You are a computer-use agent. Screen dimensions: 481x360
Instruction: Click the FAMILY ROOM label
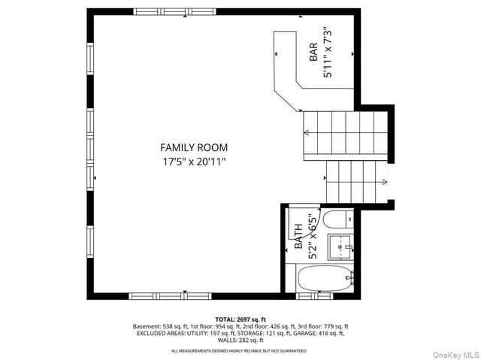[x=194, y=147]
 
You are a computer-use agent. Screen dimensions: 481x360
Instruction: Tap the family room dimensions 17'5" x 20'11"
[x=194, y=162]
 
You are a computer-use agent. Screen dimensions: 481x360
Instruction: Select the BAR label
[x=313, y=52]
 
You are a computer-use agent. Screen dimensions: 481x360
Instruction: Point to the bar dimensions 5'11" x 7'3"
[x=328, y=53]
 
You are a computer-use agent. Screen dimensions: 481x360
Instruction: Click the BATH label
[x=298, y=236]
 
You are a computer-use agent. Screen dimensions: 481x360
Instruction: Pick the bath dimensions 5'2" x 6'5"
[x=313, y=237]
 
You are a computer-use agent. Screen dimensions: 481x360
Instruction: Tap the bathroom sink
[x=340, y=247]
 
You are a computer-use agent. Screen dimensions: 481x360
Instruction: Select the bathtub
[x=325, y=278]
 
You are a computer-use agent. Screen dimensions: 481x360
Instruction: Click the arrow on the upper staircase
[x=307, y=132]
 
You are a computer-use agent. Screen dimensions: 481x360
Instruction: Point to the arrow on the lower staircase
[x=385, y=182]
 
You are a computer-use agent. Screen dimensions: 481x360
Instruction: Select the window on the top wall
[x=175, y=12]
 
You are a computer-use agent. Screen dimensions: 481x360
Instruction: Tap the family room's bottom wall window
[x=171, y=296]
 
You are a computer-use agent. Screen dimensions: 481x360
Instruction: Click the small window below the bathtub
[x=315, y=296]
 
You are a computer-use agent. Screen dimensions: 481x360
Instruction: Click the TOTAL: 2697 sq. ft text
[x=240, y=319]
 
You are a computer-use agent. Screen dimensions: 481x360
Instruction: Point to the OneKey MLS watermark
[x=455, y=355]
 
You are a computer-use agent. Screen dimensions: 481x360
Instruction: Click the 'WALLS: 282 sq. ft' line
[x=240, y=340]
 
